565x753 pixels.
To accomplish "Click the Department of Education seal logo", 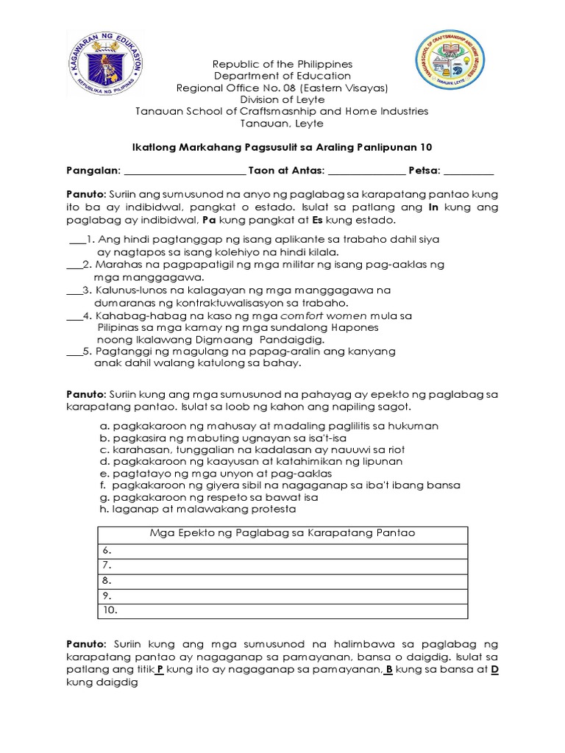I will click(x=107, y=61).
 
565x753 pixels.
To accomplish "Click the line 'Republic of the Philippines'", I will click(x=282, y=64).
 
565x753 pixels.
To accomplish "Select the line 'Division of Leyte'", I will click(x=282, y=100).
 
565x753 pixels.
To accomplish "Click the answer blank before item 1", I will click(x=77, y=240).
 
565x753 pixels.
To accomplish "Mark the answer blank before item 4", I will click(x=74, y=315).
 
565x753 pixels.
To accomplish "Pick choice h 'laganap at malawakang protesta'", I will click(x=198, y=508).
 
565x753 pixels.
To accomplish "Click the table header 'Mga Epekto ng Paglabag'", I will click(x=282, y=532).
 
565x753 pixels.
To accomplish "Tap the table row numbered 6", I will click(x=282, y=549).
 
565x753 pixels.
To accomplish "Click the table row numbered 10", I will click(x=282, y=610).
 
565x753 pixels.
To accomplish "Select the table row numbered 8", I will click(x=282, y=580).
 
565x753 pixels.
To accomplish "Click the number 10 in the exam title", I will click(x=426, y=147).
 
